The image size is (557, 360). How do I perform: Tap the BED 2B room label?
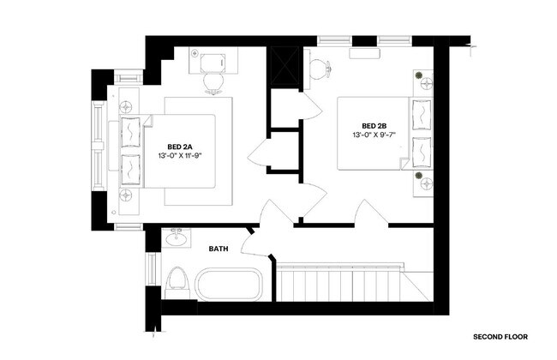pos(374,126)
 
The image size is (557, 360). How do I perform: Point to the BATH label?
pos(219,249)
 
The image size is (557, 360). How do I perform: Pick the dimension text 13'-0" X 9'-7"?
pos(374,135)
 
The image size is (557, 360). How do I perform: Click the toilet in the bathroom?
pos(177,279)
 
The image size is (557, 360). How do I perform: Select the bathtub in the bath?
pos(228,284)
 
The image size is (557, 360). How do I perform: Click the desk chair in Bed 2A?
pos(212,82)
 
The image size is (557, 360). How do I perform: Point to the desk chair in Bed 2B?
pos(320,69)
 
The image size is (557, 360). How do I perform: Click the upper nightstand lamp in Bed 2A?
pos(127,106)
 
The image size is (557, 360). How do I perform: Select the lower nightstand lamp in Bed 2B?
pos(423,179)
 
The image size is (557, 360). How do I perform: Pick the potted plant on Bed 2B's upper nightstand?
pos(423,81)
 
